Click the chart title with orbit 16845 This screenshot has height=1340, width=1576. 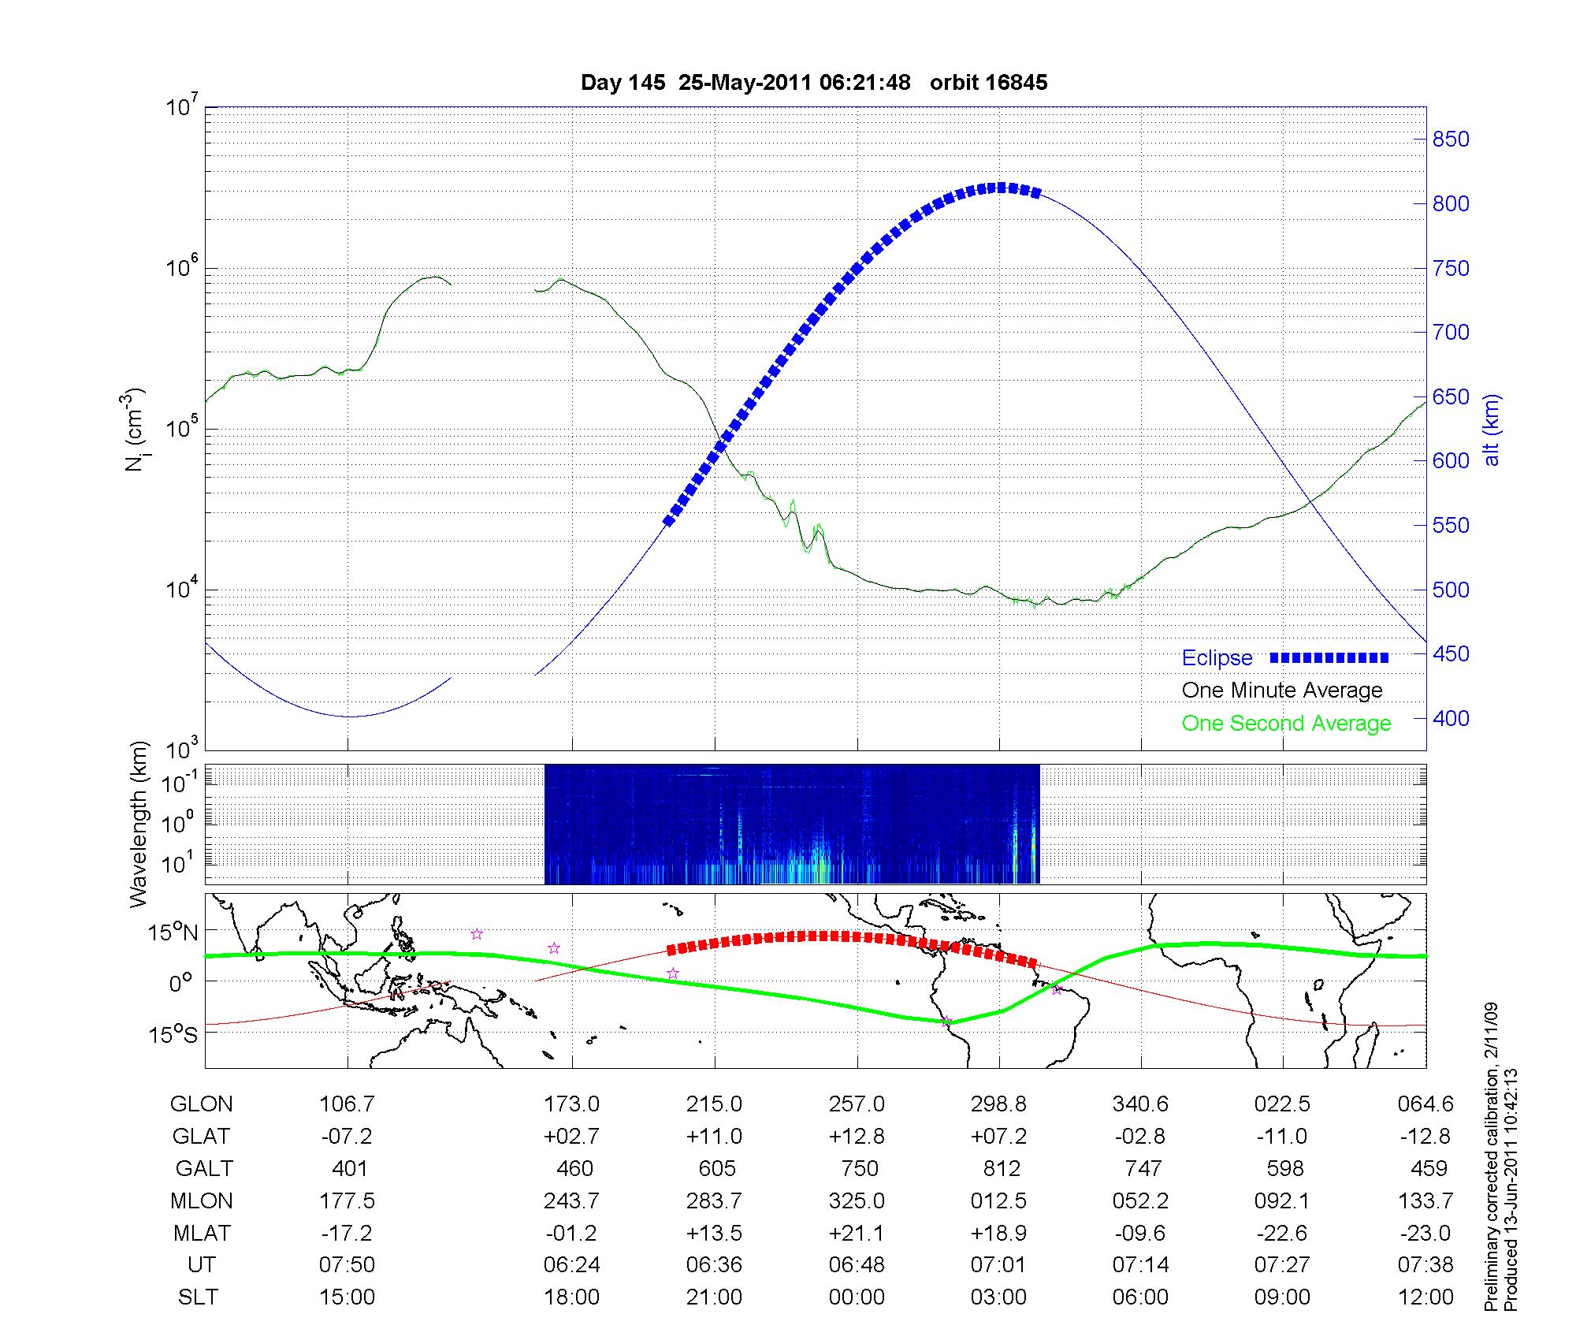[814, 83]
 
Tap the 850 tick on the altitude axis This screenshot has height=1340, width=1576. [1451, 140]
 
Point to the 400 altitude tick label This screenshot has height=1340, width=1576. [1451, 718]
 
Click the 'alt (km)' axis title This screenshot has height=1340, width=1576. [1492, 430]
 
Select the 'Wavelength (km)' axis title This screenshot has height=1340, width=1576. [139, 824]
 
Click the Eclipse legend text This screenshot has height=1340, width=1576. [1217, 658]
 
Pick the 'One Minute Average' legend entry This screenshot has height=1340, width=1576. [1282, 690]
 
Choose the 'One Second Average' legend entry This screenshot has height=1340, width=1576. [1286, 724]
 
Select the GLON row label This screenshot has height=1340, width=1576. [202, 1104]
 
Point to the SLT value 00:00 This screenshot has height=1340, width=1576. [857, 1297]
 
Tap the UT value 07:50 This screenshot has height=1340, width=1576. [348, 1265]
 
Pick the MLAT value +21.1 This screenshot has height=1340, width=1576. [857, 1233]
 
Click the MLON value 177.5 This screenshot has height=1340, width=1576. [348, 1200]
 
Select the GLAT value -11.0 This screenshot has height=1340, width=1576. [1282, 1136]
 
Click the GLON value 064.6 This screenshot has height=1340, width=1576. [1425, 1104]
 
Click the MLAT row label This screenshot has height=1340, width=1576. [202, 1233]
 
